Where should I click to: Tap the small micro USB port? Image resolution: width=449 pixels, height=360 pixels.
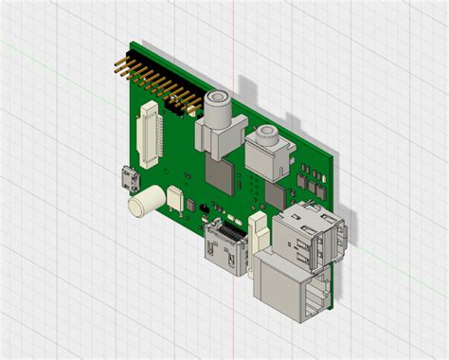128,180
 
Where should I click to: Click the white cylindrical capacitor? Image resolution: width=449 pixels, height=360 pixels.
147,200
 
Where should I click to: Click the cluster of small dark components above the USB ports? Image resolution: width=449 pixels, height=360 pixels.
309,180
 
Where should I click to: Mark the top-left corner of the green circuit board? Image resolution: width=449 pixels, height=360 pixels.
132,45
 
